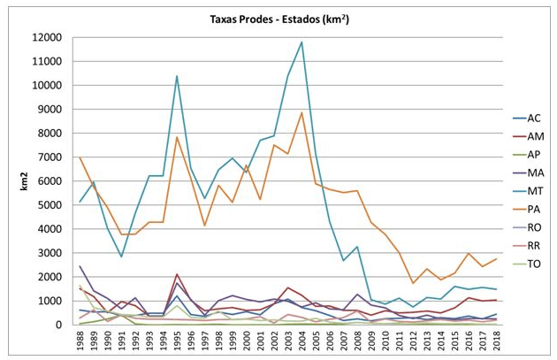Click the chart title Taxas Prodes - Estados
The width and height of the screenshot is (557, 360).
(278, 19)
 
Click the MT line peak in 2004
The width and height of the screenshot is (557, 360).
(302, 42)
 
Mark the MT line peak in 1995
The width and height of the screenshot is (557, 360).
(178, 76)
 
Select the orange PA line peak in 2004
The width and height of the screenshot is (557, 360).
(302, 112)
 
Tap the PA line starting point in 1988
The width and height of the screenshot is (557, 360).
(80, 157)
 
